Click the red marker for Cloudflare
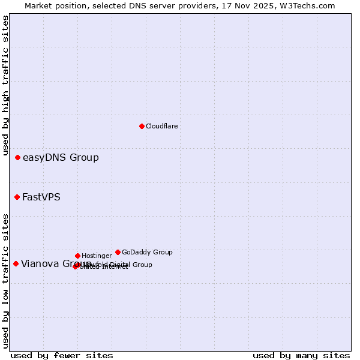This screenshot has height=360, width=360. coord(142,126)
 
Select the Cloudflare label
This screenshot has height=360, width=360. coord(161,126)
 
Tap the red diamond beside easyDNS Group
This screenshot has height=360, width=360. coord(18,157)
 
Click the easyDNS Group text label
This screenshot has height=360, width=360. coord(61,158)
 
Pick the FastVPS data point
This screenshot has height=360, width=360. coord(17,197)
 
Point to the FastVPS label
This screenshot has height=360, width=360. coord(41,197)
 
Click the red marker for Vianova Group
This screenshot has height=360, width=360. coord(16,263)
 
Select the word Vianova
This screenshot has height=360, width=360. coord(39,264)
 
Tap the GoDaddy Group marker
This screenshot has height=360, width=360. coord(118,252)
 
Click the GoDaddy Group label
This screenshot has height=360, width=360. coord(147,252)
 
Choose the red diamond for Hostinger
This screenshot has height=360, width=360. coord(77,256)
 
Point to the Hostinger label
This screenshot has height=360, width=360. coord(97,256)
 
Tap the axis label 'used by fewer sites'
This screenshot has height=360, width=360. coord(62,355)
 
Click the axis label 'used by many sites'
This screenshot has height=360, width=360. coord(301,355)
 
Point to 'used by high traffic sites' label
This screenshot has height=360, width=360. coord(5,85)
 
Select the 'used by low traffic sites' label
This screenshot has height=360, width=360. coord(5,280)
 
